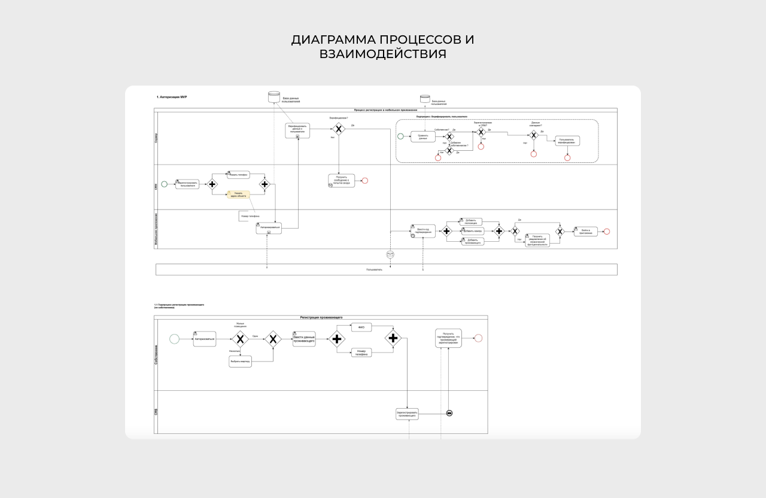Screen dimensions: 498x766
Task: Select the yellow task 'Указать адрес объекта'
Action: click(238, 194)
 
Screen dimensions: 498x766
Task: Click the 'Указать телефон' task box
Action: click(238, 175)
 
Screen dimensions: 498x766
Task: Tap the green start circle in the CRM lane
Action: click(165, 184)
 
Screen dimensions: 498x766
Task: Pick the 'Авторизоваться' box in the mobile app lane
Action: click(269, 228)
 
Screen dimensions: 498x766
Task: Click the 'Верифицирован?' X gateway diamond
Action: click(339, 129)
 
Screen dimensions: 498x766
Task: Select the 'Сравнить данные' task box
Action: click(423, 136)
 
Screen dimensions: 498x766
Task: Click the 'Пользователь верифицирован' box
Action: click(567, 141)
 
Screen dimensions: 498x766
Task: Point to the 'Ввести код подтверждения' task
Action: click(423, 231)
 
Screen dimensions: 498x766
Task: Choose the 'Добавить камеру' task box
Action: click(472, 231)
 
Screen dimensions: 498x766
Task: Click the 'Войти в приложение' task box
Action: click(585, 231)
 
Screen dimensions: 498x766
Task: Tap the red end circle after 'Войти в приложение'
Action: click(607, 232)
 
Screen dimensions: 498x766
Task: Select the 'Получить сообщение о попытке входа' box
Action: click(342, 181)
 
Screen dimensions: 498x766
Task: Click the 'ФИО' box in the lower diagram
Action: click(361, 327)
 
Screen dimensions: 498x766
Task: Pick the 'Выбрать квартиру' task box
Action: click(240, 362)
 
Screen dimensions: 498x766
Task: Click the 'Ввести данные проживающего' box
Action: click(304, 339)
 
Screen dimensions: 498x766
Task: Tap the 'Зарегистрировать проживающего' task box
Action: click(407, 414)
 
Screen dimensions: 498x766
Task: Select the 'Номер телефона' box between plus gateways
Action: click(361, 353)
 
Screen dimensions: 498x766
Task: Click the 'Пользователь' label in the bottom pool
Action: click(375, 270)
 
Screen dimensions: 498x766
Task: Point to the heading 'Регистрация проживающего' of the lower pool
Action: click(321, 317)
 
